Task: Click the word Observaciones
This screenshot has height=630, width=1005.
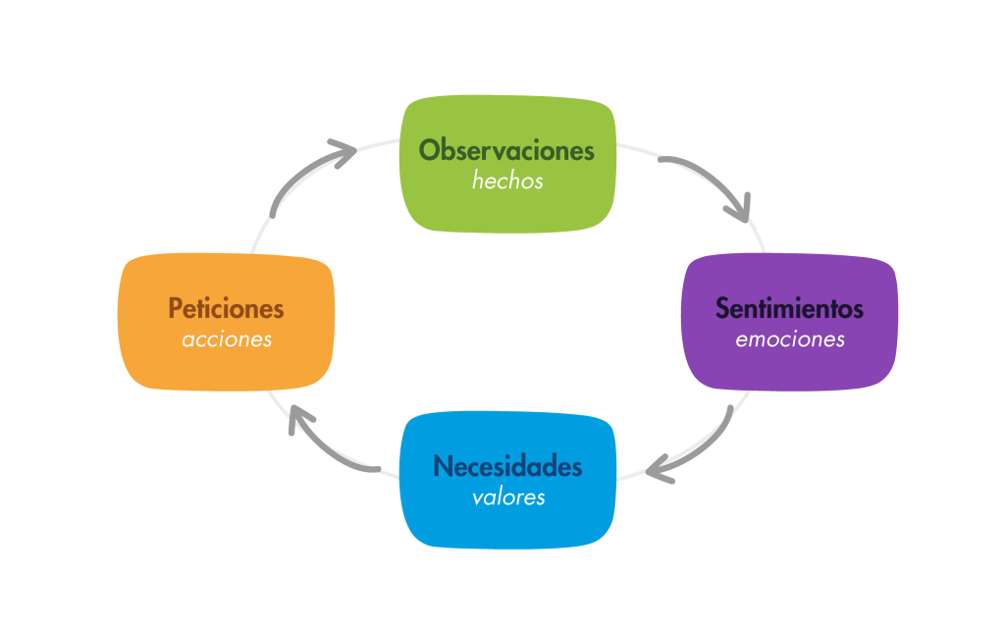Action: tap(506, 150)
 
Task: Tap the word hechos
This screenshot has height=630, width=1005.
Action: tap(507, 182)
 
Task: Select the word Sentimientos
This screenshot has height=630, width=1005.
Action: tap(789, 308)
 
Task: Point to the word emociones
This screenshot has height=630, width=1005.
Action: tap(790, 340)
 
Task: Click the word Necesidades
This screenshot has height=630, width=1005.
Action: tap(507, 466)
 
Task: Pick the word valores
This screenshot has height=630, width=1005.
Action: tap(508, 498)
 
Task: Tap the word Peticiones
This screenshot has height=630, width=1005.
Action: tap(226, 308)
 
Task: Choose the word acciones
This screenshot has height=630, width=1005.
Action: tap(227, 340)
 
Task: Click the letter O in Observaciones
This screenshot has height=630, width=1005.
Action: tap(429, 150)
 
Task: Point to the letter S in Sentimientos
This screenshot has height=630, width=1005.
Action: tap(722, 308)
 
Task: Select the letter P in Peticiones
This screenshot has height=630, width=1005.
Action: tap(175, 308)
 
